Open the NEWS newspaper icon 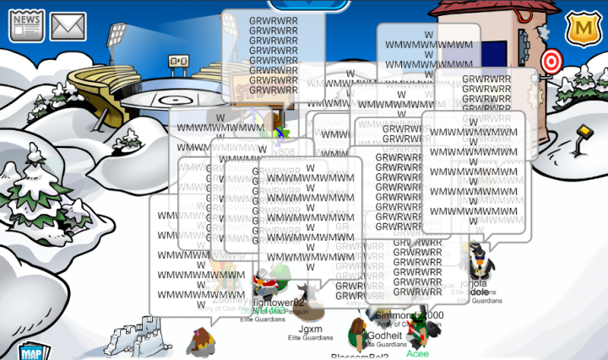27,25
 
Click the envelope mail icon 68,26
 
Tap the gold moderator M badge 581,30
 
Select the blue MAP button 30,352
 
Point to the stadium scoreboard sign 178,61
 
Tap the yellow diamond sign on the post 583,133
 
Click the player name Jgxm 310,329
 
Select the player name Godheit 385,335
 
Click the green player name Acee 417,353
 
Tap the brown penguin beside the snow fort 201,341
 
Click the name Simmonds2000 410,315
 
